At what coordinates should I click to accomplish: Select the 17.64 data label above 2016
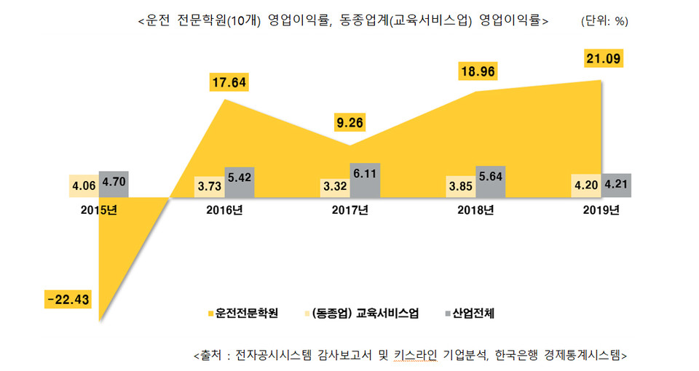click(228, 82)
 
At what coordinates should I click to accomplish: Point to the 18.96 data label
click(478, 73)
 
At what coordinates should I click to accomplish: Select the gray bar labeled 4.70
click(113, 184)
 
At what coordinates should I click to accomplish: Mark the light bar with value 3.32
click(334, 187)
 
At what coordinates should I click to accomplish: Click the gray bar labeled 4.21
click(615, 185)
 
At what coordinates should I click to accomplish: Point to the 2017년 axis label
click(351, 212)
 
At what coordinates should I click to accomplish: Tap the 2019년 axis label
click(601, 212)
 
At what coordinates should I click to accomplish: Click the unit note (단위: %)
click(604, 21)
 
